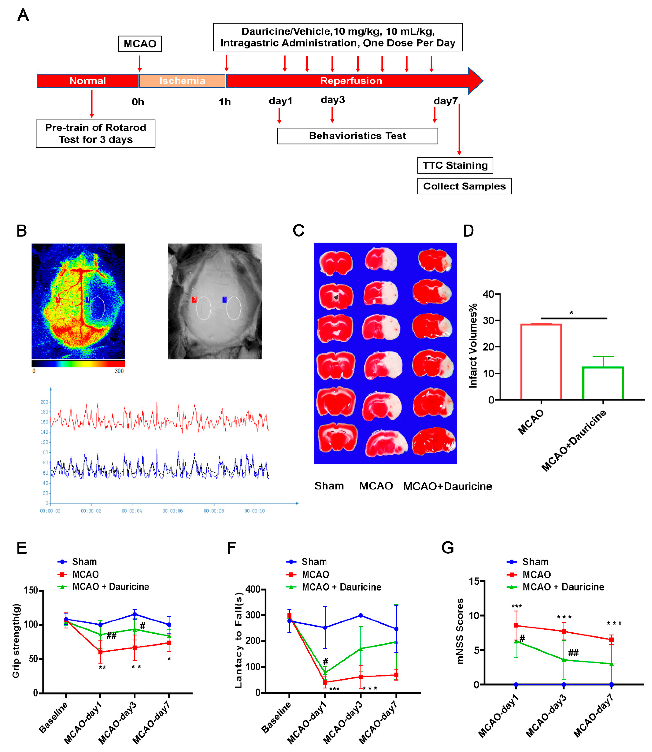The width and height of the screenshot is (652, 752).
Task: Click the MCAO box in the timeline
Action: click(140, 44)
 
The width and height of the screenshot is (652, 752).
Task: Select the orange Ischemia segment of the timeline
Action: click(182, 81)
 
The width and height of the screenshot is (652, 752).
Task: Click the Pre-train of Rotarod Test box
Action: click(95, 134)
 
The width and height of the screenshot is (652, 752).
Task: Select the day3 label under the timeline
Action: click(332, 100)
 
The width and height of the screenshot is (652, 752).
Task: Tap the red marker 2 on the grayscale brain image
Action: click(194, 299)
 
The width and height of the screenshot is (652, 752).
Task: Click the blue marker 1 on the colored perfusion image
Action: click(87, 299)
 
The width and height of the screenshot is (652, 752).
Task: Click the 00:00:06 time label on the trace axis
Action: click(173, 511)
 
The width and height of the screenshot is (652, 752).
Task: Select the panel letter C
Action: click(298, 231)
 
